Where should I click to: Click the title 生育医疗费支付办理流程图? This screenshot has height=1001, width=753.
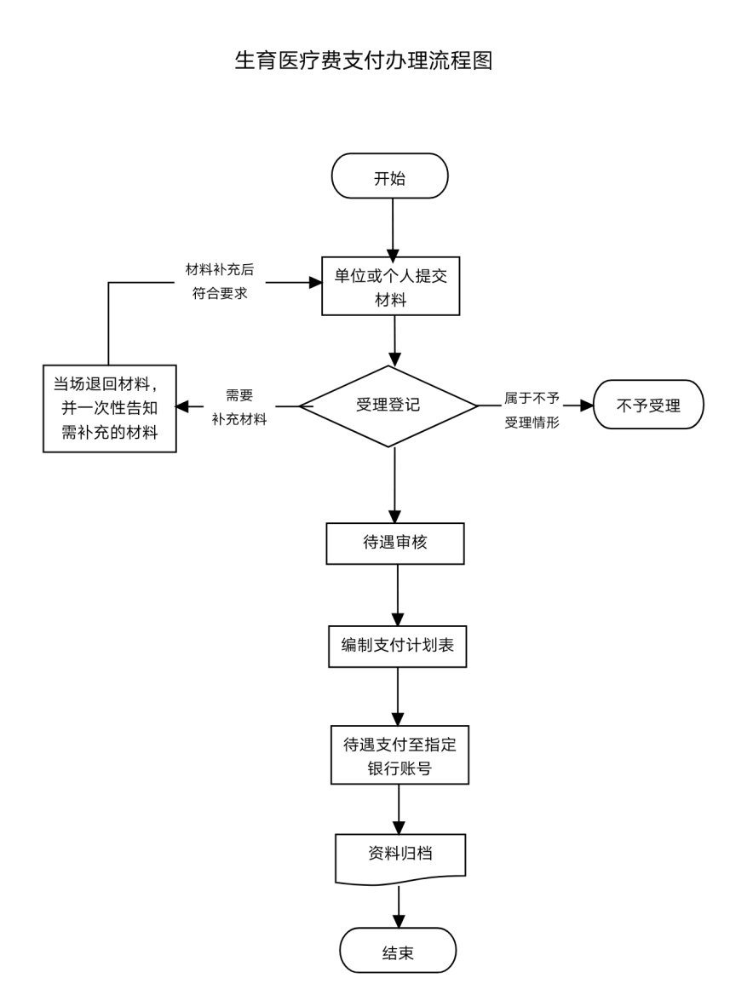point(364,61)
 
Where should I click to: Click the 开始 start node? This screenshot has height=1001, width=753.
point(390,176)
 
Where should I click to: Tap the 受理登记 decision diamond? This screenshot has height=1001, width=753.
point(388,406)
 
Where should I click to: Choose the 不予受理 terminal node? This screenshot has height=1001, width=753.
point(648,406)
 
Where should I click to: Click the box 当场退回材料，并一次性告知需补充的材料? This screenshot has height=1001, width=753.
point(110,409)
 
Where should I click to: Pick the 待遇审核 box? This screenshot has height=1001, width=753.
point(395,543)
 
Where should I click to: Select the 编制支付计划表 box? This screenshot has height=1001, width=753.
point(398,645)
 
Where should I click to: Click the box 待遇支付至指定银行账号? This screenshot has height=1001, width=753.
point(399,755)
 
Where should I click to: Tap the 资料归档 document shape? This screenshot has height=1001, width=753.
point(400,854)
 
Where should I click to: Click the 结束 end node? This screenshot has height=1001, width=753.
point(398,952)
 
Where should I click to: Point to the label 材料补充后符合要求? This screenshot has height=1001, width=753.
point(220,281)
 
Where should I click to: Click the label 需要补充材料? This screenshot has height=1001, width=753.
point(239,407)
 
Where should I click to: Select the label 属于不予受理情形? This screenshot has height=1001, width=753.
point(532,408)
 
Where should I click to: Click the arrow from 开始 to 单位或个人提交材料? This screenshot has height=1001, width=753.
point(391,226)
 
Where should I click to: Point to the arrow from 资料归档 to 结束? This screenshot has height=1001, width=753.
point(399,906)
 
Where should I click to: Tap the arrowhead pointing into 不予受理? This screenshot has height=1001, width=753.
point(586,406)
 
